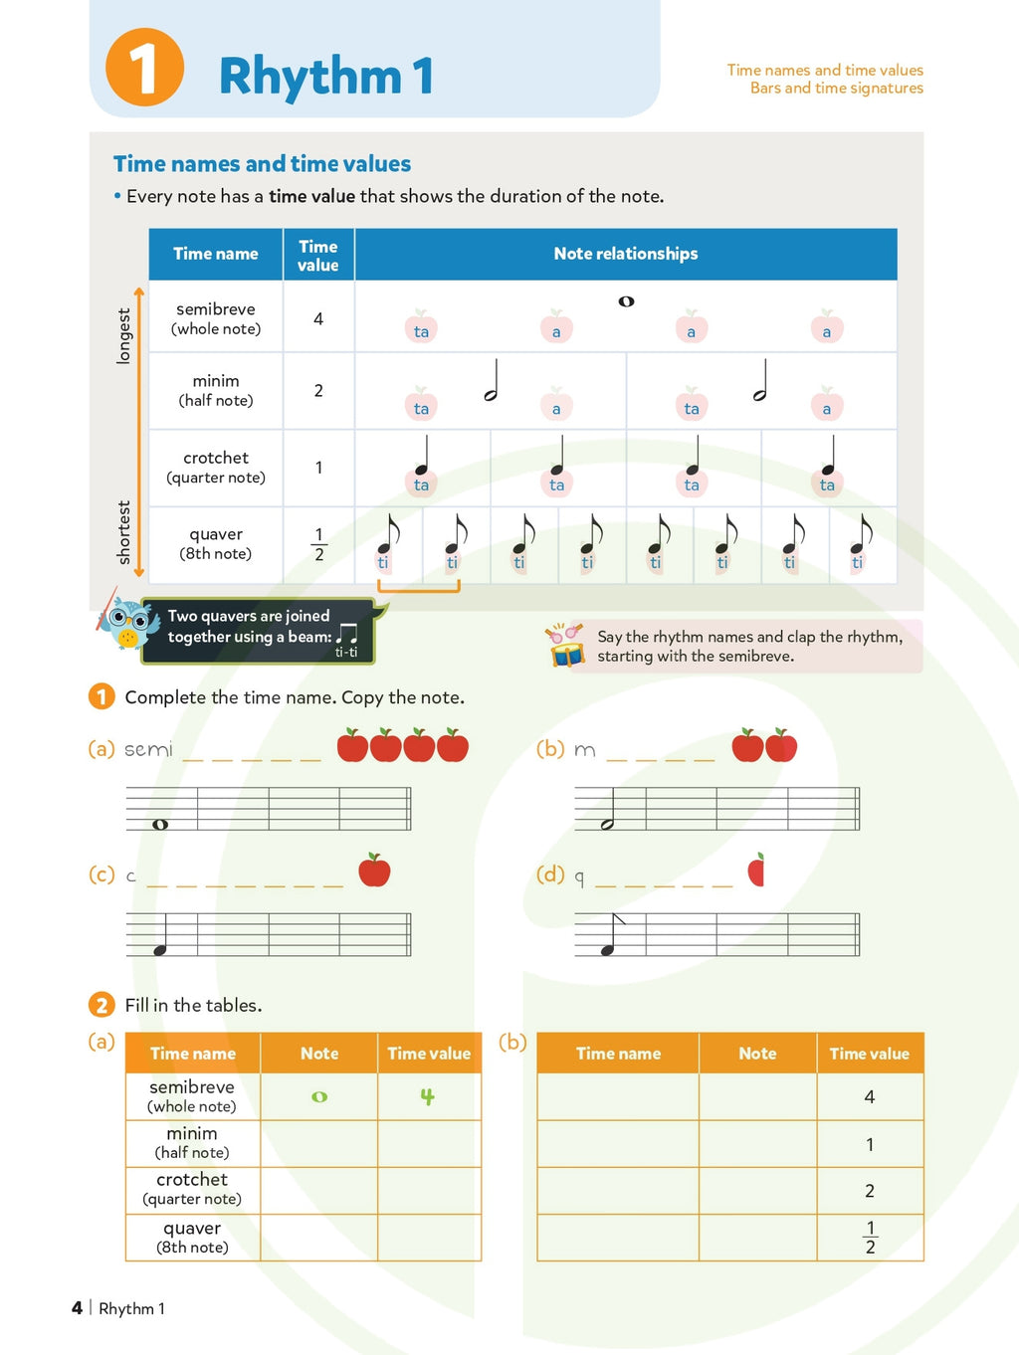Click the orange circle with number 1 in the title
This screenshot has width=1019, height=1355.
(144, 68)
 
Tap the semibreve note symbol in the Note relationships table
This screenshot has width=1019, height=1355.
(626, 301)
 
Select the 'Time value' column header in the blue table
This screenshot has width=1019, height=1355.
(318, 256)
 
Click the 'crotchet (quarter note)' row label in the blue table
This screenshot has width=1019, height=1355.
(216, 467)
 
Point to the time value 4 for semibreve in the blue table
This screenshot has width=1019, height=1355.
(318, 319)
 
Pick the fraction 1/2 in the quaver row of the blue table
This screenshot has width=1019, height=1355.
(318, 544)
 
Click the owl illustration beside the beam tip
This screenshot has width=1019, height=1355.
(126, 624)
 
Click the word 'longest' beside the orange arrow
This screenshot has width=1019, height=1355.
(123, 336)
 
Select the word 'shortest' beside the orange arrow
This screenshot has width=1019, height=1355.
(123, 532)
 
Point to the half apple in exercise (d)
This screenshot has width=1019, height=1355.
(756, 870)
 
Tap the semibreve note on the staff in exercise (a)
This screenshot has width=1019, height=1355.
(160, 824)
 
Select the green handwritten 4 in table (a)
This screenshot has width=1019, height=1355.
(427, 1096)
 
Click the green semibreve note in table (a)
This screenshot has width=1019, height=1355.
(319, 1096)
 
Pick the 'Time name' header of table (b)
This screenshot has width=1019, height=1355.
(618, 1054)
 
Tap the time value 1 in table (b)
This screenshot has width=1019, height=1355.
(870, 1144)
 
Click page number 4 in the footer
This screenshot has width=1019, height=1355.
(77, 1308)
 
